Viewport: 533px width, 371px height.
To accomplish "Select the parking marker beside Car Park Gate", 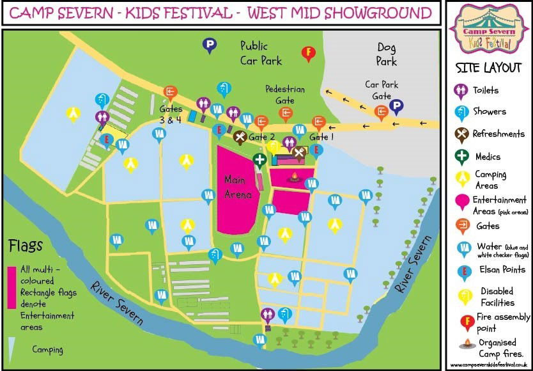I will pyautogui.click(x=396, y=106).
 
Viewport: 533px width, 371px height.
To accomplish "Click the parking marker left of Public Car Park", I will pyautogui.click(x=209, y=45).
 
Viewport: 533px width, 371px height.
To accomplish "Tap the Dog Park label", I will pyautogui.click(x=387, y=54).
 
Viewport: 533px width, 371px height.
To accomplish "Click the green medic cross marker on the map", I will pyautogui.click(x=259, y=160).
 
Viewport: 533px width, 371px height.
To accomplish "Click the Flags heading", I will pyautogui.click(x=26, y=246).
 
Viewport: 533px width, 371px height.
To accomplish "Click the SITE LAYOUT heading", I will pyautogui.click(x=488, y=68).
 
